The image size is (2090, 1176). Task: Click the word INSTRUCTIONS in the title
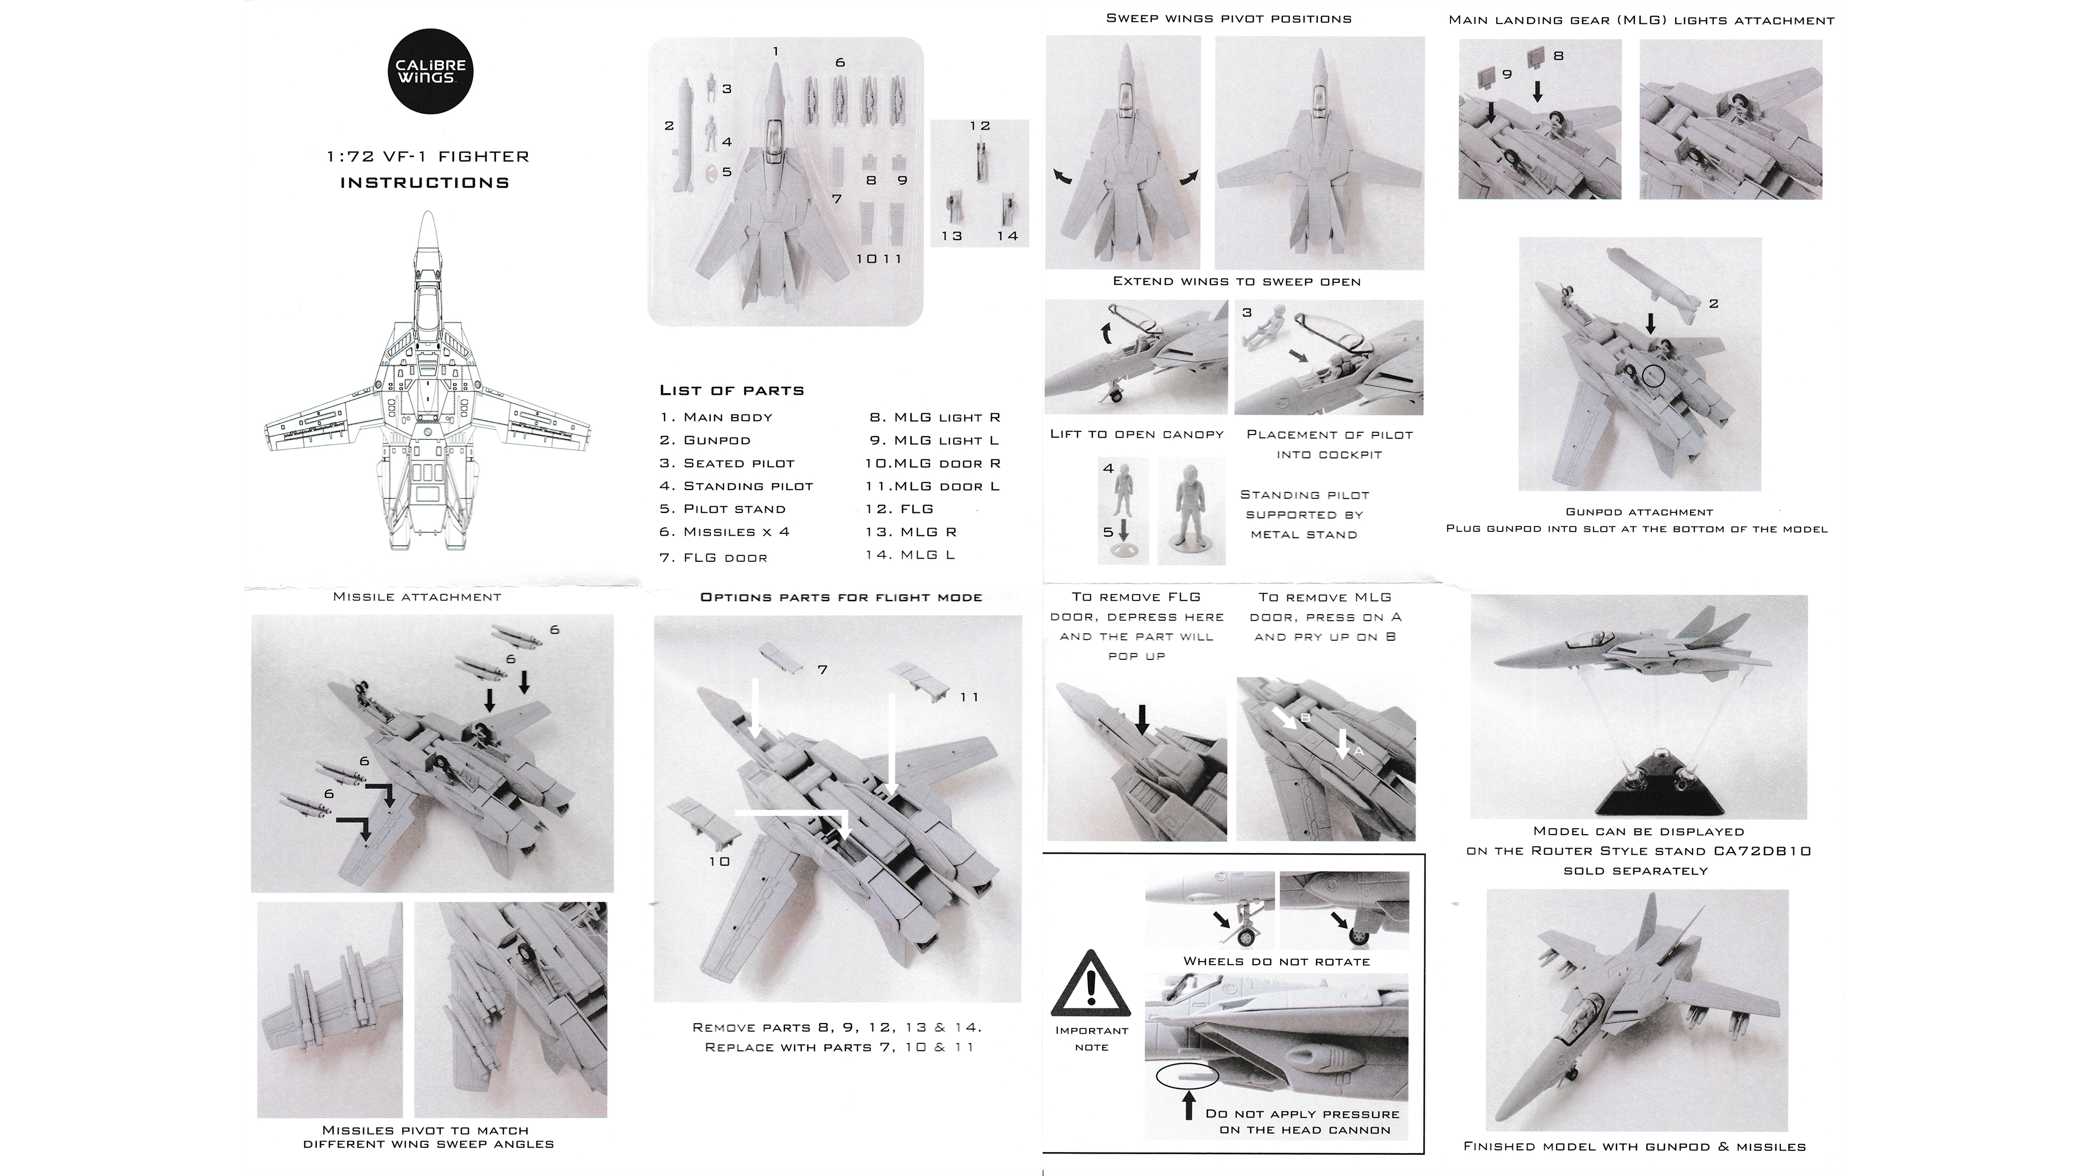pyautogui.click(x=425, y=182)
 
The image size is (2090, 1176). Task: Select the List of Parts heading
pyautogui.click(x=731, y=390)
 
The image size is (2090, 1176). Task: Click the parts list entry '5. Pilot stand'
pyautogui.click(x=722, y=509)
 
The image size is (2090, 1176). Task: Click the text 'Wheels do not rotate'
pyautogui.click(x=1276, y=961)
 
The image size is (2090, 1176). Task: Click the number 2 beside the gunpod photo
pyautogui.click(x=1713, y=304)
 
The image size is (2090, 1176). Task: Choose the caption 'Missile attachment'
pyautogui.click(x=417, y=597)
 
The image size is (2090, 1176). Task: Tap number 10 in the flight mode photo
pyautogui.click(x=720, y=861)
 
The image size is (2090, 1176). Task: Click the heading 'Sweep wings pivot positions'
pyautogui.click(x=1228, y=19)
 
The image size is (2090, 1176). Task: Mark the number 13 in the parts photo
pyautogui.click(x=952, y=236)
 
